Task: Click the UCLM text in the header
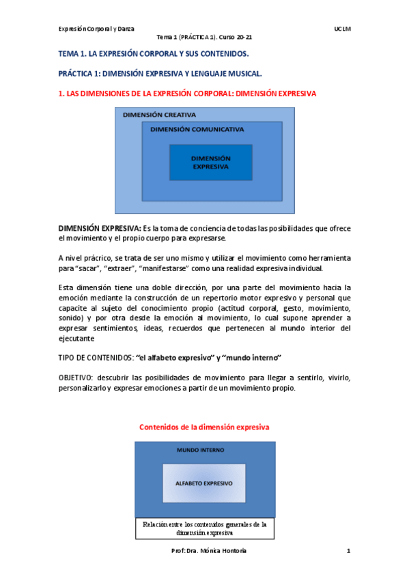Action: [x=342, y=29]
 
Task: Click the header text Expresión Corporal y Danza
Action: [x=96, y=29]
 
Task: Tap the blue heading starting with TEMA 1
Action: [x=153, y=53]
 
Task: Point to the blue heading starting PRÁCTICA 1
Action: [x=160, y=72]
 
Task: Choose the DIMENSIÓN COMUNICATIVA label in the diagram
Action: [x=197, y=129]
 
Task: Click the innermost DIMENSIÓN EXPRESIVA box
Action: [x=210, y=162]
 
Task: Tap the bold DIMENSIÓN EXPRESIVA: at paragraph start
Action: [x=100, y=228]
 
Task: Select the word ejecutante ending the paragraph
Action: [x=76, y=337]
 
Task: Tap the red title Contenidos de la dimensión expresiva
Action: [x=205, y=427]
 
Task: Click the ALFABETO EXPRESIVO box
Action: [x=203, y=483]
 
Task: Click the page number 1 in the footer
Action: [x=348, y=551]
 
